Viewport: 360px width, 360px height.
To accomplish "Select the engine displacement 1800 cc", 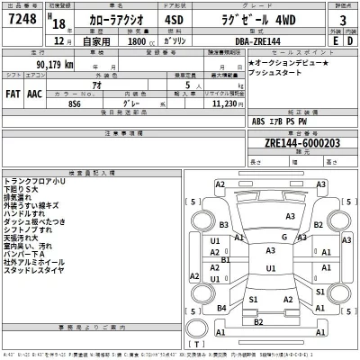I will click(135, 41).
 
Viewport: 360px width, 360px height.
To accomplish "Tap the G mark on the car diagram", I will click(283, 237).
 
